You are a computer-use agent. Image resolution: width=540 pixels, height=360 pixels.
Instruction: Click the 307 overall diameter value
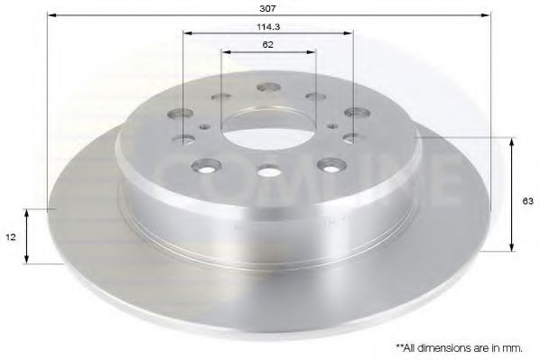click(267, 9)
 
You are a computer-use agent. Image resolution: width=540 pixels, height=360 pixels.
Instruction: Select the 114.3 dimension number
click(266, 26)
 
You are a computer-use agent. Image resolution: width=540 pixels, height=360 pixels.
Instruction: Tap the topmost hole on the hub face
click(267, 88)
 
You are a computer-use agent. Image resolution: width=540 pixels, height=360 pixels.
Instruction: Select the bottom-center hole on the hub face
click(267, 171)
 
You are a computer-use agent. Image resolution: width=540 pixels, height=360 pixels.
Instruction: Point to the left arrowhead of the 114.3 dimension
click(185, 33)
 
